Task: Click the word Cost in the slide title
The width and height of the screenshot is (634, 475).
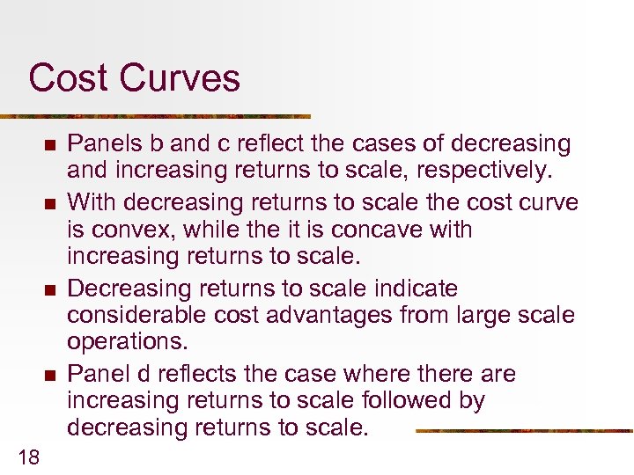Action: pyautogui.click(x=68, y=77)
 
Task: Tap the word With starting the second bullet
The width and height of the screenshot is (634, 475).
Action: pyautogui.click(x=92, y=202)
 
